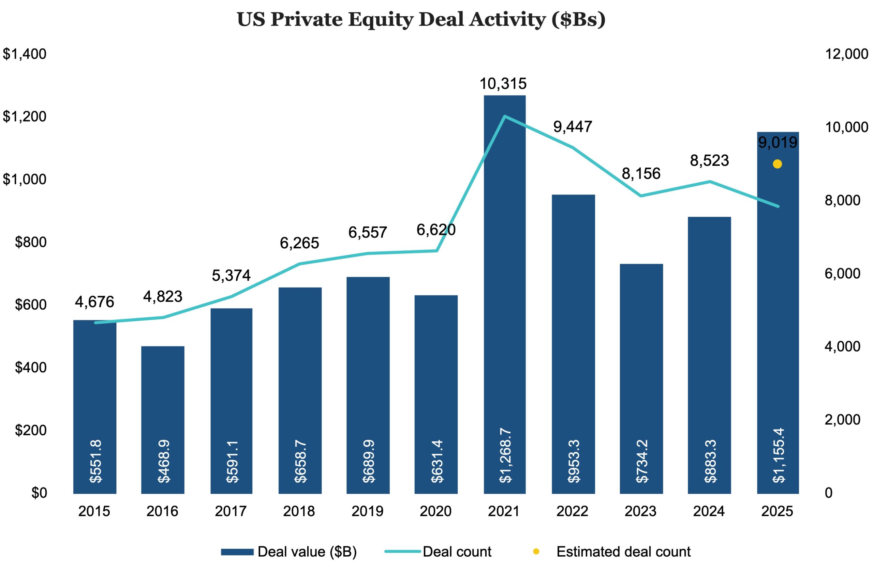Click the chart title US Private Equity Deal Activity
click(x=421, y=19)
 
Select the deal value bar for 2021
click(x=504, y=293)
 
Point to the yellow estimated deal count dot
click(x=777, y=164)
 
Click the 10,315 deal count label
click(x=503, y=84)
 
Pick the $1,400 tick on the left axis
click(x=25, y=54)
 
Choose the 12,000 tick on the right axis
click(x=846, y=54)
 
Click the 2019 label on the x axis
click(x=367, y=511)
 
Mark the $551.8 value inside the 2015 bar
click(x=95, y=461)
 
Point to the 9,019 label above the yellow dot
click(x=778, y=142)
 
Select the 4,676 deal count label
click(x=95, y=302)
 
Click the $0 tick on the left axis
click(x=39, y=493)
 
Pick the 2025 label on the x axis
click(x=777, y=511)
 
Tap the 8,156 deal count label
click(x=641, y=174)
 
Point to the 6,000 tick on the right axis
click(x=842, y=274)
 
